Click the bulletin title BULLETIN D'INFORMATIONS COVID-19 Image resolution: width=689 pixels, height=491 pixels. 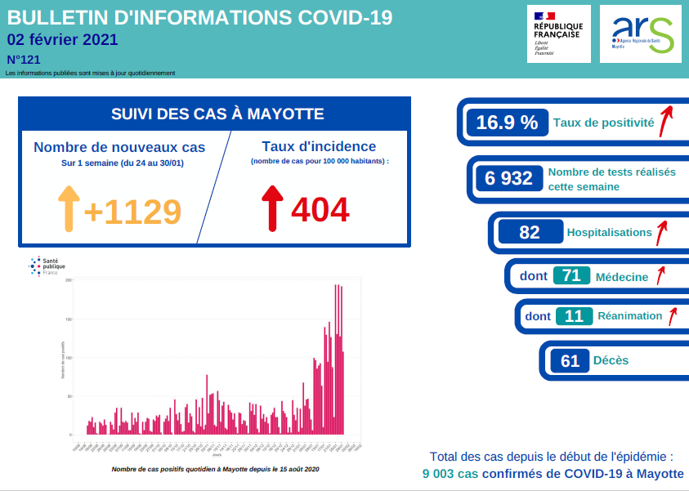[x=199, y=18]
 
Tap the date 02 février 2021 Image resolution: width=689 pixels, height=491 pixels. [x=62, y=40]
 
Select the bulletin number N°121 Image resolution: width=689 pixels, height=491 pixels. [x=23, y=60]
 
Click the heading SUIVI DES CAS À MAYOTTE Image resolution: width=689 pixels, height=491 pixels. [x=213, y=114]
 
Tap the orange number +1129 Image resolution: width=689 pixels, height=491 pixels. [x=132, y=212]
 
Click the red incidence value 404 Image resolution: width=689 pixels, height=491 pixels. [x=320, y=210]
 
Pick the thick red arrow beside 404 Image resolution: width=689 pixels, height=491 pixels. [x=272, y=208]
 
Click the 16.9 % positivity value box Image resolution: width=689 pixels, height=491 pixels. [x=507, y=123]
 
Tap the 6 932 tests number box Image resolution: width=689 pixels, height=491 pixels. [x=508, y=178]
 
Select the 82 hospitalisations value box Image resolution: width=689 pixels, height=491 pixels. [x=530, y=232]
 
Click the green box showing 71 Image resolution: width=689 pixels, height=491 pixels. [x=571, y=276]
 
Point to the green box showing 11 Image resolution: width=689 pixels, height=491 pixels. [x=574, y=316]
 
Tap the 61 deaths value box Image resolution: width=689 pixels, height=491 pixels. [x=570, y=360]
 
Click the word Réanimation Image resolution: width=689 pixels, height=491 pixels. [x=629, y=316]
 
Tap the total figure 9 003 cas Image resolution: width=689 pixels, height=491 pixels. [x=450, y=474]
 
